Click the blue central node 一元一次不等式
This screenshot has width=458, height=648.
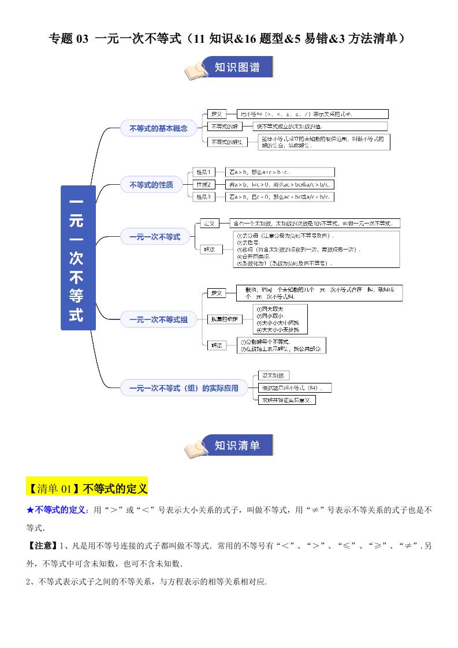78,258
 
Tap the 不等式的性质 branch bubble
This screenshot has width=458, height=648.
151,185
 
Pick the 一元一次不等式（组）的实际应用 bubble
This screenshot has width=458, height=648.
183,388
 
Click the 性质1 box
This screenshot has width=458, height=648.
204,172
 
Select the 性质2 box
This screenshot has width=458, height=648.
204,184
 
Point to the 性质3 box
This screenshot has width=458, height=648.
204,197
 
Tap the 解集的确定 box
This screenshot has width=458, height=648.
224,319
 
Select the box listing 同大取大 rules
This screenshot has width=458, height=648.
280,319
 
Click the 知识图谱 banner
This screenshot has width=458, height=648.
237,68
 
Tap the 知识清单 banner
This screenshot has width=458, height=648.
237,445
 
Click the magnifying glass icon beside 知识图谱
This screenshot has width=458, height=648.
196,70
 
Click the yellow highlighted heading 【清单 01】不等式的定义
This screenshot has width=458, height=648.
87,489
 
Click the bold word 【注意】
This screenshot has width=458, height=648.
42,546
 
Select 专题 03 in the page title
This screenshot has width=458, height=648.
69,39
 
